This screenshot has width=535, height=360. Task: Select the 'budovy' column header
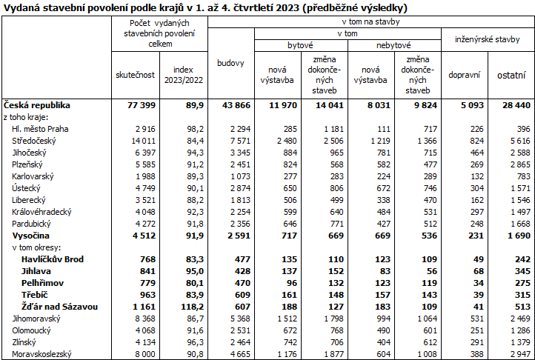(x=230, y=63)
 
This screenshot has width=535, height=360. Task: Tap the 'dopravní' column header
(x=464, y=75)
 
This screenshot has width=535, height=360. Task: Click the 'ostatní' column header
(x=511, y=75)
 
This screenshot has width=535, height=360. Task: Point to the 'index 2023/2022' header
(x=183, y=75)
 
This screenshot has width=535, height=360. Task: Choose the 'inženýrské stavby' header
(x=487, y=39)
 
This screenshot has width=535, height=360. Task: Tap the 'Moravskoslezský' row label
(x=42, y=353)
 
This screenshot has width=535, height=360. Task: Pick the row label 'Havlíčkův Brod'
(x=53, y=259)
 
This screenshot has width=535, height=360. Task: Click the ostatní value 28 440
(x=514, y=105)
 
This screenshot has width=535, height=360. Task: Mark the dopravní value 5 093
(x=469, y=105)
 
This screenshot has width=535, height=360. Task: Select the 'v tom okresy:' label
(x=37, y=247)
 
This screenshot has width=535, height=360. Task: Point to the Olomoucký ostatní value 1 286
(x=516, y=330)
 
